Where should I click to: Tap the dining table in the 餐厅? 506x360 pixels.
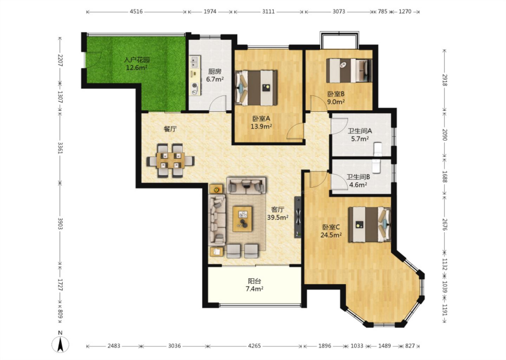pyautogui.click(x=170, y=160)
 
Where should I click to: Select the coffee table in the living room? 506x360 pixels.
pyautogui.click(x=242, y=219)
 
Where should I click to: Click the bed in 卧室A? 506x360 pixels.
pyautogui.click(x=256, y=88)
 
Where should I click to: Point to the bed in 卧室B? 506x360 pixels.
pyautogui.click(x=349, y=71)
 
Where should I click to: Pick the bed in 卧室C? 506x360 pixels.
pyautogui.click(x=370, y=225)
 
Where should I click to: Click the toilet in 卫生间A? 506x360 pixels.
pyautogui.click(x=378, y=149)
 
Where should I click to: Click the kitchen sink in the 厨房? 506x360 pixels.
pyautogui.click(x=194, y=62)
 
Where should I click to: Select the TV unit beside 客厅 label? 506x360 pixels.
pyautogui.click(x=298, y=217)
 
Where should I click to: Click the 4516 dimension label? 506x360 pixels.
pyautogui.click(x=136, y=11)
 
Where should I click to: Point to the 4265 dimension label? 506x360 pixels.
pyautogui.click(x=254, y=346)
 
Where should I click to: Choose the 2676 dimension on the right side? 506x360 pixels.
pyautogui.click(x=445, y=224)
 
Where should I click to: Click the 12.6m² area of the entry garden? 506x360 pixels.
pyautogui.click(x=137, y=67)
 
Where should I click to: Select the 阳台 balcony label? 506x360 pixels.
pyautogui.click(x=254, y=281)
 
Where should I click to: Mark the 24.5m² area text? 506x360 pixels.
pyautogui.click(x=331, y=235)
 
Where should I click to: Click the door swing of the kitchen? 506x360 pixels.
pyautogui.click(x=217, y=103)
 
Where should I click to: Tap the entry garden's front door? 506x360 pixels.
pyautogui.click(x=93, y=60)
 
